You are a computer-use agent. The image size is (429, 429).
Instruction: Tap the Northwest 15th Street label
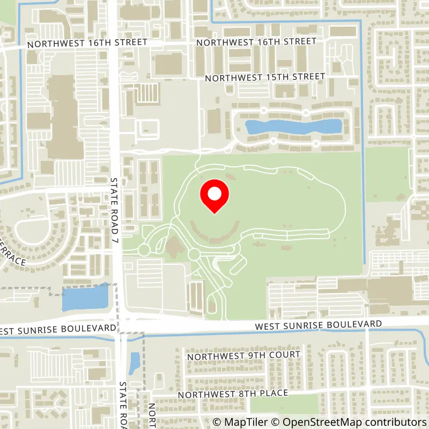[265, 77]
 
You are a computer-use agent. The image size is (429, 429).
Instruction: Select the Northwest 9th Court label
[243, 355]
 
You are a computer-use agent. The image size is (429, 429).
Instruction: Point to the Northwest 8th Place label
[233, 394]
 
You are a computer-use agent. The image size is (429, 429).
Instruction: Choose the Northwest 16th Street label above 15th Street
[255, 42]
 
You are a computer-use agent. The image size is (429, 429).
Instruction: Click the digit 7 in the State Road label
[114, 234]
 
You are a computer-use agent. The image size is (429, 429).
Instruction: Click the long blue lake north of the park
[293, 127]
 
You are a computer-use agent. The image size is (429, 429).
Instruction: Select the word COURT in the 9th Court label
[285, 355]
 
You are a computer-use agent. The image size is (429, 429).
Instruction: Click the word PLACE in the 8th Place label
[272, 393]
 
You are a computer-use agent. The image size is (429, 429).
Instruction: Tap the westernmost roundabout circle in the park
[144, 250]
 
